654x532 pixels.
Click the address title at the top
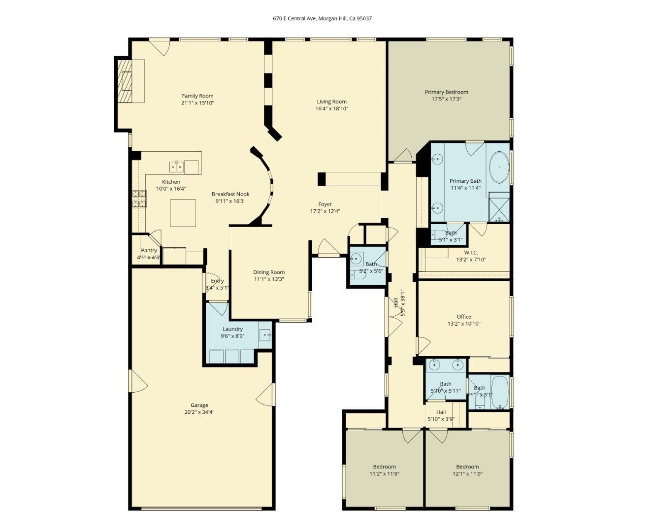coord(322,18)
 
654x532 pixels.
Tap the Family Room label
coord(197,96)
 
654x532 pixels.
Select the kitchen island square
coord(183,213)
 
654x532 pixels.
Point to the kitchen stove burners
coord(139,199)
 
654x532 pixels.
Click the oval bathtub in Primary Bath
coord(499,168)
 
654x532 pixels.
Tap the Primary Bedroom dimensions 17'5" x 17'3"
coord(446,99)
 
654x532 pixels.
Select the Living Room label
coord(331,102)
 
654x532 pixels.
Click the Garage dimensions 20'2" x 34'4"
coord(199,412)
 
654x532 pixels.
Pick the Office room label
coord(463,317)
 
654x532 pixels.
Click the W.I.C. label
coord(471,253)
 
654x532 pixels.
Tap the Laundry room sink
coord(265,335)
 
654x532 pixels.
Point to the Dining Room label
coord(269,272)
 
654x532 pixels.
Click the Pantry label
coord(149,250)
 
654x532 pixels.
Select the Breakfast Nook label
coord(230,194)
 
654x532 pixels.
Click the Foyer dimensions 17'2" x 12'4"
coord(325,211)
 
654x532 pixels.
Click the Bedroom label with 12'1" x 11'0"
coord(467,466)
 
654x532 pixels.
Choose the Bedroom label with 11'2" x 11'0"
coord(384,466)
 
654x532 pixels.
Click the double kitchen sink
coord(177,167)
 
